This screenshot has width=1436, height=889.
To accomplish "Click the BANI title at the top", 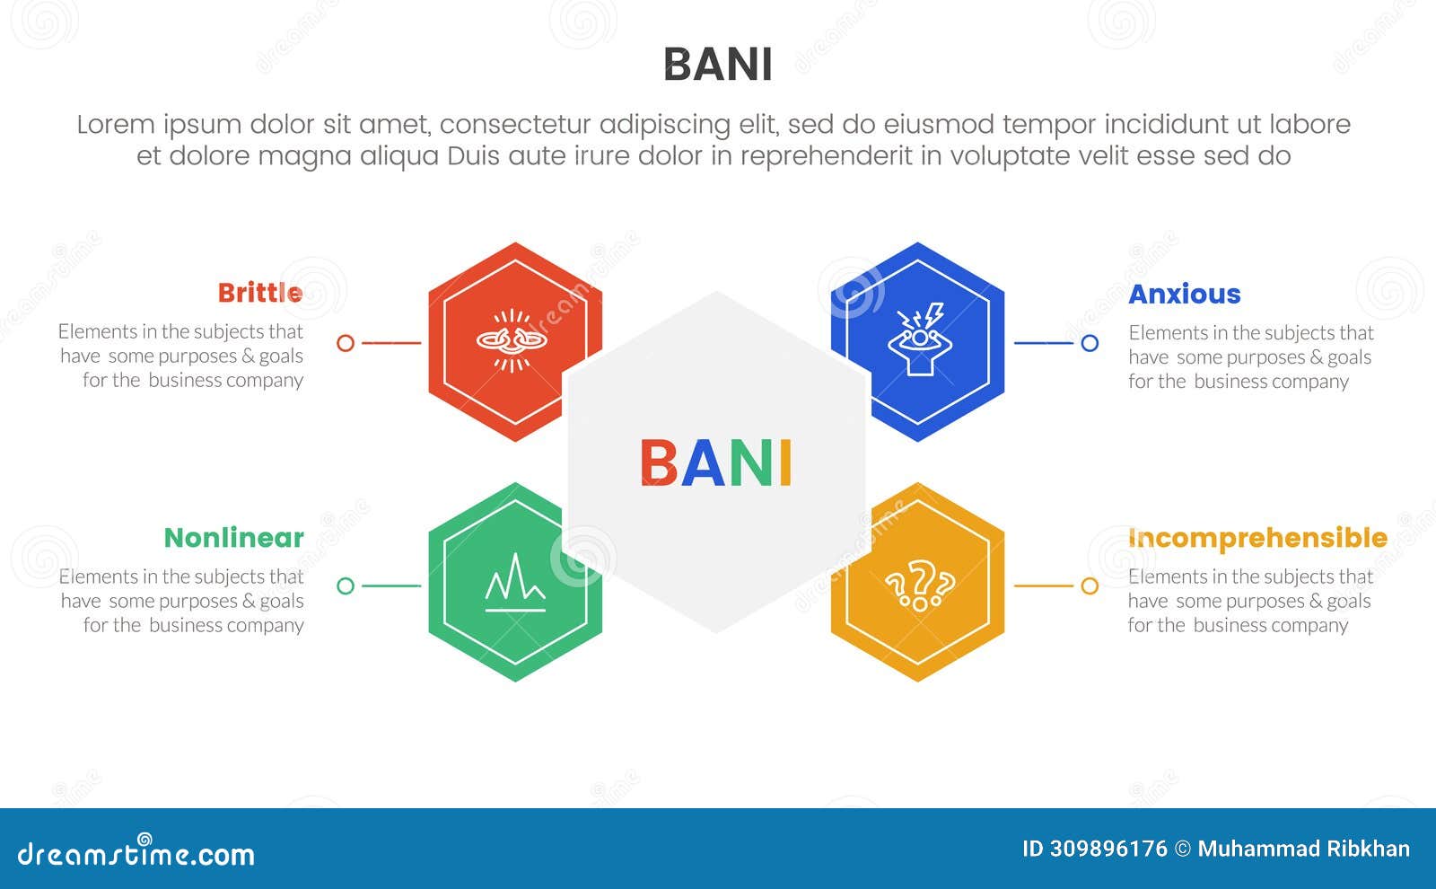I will point(717,65).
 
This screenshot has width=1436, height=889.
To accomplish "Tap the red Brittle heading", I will point(260,293).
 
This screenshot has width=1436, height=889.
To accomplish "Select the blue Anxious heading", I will point(1184,294).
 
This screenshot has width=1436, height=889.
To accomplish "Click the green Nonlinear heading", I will point(233,537).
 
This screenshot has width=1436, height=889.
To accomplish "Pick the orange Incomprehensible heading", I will point(1256,537).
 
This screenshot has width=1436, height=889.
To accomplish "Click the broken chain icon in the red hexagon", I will point(512,340).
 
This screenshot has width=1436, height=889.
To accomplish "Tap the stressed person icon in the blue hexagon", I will point(917,340).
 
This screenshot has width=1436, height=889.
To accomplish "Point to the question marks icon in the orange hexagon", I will point(919,585).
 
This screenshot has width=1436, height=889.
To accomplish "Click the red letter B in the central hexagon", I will point(659,463).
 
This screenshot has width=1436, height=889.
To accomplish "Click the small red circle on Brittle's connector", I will point(346,342).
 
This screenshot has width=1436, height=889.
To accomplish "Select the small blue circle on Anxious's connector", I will point(1090,342).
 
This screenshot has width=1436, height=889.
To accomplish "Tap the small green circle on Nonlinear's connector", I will point(346,585).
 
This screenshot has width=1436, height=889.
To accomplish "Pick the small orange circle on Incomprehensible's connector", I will point(1090,585).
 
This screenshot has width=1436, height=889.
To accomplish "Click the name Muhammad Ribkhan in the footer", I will point(1303,849).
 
